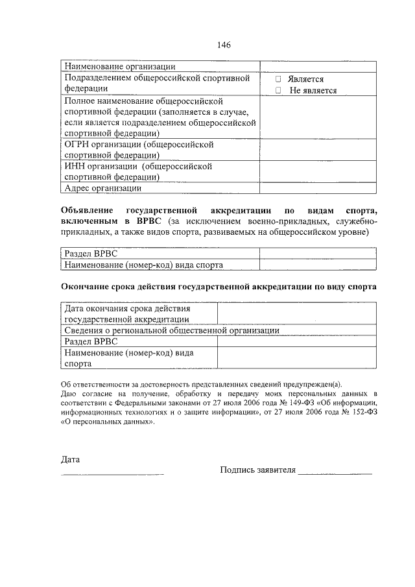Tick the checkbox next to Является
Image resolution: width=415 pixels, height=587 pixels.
click(278, 79)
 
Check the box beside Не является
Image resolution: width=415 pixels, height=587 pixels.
click(278, 91)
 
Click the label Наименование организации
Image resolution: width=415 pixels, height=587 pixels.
click(120, 66)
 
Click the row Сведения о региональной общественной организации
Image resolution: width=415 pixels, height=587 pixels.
click(172, 330)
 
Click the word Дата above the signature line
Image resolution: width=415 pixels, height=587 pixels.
click(70, 460)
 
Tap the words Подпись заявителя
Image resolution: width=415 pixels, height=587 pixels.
click(257, 470)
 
